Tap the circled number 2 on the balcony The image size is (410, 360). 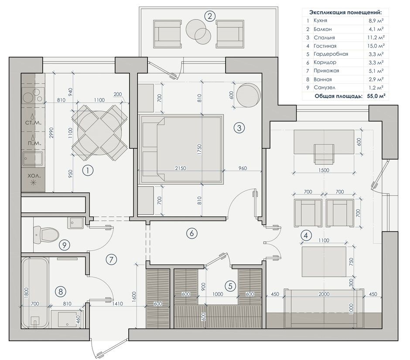coord(210,17)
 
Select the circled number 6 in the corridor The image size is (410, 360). coord(191,233)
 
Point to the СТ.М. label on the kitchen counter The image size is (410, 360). coord(33,122)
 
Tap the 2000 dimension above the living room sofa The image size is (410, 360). coord(324,294)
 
